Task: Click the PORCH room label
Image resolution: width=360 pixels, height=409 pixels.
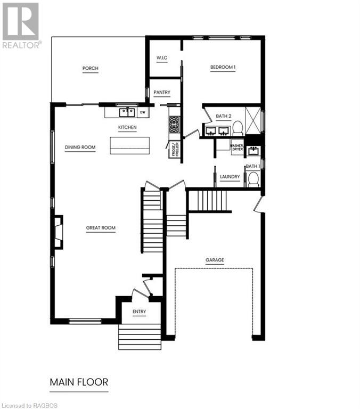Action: (90, 68)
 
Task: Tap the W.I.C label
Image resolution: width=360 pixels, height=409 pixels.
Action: (162, 58)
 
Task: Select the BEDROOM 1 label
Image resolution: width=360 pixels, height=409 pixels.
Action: (223, 67)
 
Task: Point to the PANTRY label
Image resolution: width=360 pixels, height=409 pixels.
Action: (161, 93)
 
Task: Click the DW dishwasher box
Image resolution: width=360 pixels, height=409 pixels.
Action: (142, 112)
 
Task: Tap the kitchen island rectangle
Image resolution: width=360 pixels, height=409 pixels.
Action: (130, 145)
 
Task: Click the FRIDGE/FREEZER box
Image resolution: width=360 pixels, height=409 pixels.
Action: (174, 150)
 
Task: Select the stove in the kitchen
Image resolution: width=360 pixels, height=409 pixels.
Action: (175, 125)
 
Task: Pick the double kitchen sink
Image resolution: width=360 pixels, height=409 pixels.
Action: (126, 112)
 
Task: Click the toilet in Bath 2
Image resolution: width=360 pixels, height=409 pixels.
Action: (238, 127)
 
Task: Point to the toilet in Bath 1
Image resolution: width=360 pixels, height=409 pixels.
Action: (253, 179)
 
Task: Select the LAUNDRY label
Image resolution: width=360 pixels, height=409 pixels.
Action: (230, 177)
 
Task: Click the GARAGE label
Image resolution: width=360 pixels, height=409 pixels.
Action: (215, 260)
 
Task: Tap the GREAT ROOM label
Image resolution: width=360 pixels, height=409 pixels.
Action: (101, 228)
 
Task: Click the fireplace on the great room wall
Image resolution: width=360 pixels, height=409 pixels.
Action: (58, 232)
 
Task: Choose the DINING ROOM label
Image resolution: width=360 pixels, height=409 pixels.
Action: (80, 148)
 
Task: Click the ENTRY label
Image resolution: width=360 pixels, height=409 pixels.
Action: (139, 312)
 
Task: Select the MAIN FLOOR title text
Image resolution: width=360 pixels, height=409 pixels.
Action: (79, 382)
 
